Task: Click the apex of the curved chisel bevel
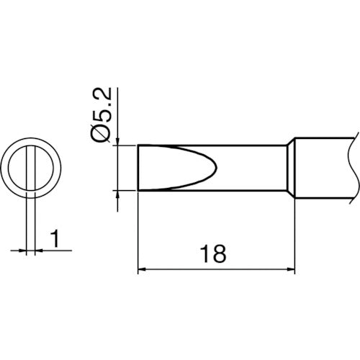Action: pos(214,168)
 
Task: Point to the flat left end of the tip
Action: pos(137,168)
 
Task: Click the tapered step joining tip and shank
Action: pos(292,168)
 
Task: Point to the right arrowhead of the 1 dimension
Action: pos(36,251)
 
